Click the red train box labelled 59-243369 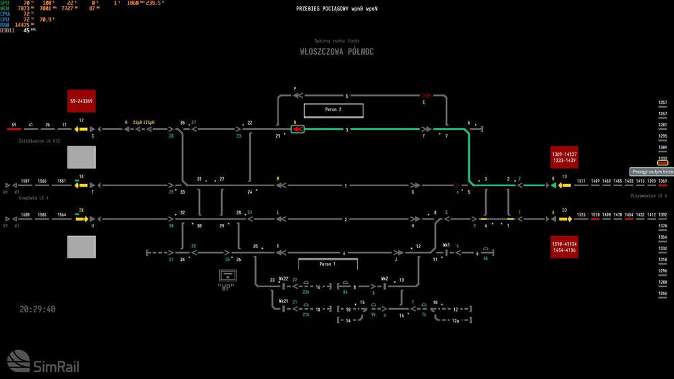click(x=81, y=100)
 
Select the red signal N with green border click(x=297, y=129)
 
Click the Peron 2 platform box click(x=334, y=110)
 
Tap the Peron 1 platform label click(x=327, y=264)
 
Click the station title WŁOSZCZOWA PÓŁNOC click(x=337, y=52)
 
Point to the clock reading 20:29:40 click(x=38, y=310)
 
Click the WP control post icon click(x=229, y=276)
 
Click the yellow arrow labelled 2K click(x=85, y=219)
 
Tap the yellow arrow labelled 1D click(x=563, y=185)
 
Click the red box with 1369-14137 click(x=564, y=158)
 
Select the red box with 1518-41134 click(x=564, y=247)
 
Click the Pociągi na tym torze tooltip click(x=652, y=172)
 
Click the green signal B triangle click(x=553, y=185)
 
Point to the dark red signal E click(x=425, y=96)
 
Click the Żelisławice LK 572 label click(x=40, y=141)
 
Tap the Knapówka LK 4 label click(x=35, y=197)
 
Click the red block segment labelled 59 click(x=14, y=129)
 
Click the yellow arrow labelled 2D click(x=563, y=219)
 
